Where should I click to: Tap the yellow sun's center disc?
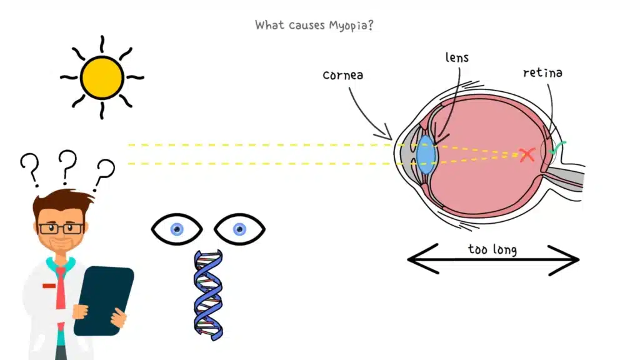pos(102,77)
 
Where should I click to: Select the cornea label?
pos(343,75)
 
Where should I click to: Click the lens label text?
pos(456,58)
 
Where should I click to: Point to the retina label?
pos(542,73)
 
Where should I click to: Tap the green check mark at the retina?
pos(556,147)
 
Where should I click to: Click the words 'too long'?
pos(492,250)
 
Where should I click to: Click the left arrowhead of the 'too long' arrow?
pos(415,258)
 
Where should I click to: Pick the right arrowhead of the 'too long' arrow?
pos(571,258)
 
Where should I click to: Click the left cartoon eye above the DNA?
pos(177,229)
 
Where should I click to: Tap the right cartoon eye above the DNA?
pos(239,229)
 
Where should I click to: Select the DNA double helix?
pos(208,294)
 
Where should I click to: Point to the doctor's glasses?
pos(61,228)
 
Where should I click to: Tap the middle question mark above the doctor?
pos(67,164)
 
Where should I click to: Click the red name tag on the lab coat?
pos(49,286)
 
